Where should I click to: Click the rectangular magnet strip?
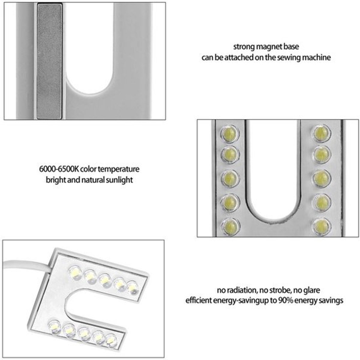click(x=49, y=61)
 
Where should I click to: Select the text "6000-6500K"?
click(x=59, y=169)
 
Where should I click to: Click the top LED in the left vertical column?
click(x=230, y=134)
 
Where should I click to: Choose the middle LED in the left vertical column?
click(x=230, y=178)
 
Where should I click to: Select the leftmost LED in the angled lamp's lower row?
click(x=54, y=327)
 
